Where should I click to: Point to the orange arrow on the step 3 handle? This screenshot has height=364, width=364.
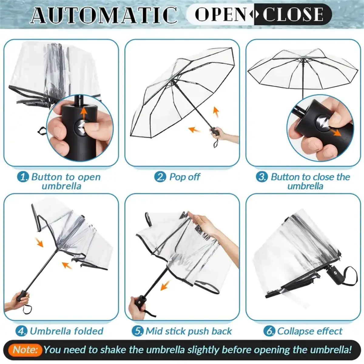(x=336, y=133)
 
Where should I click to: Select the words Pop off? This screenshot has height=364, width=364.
(x=184, y=177)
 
